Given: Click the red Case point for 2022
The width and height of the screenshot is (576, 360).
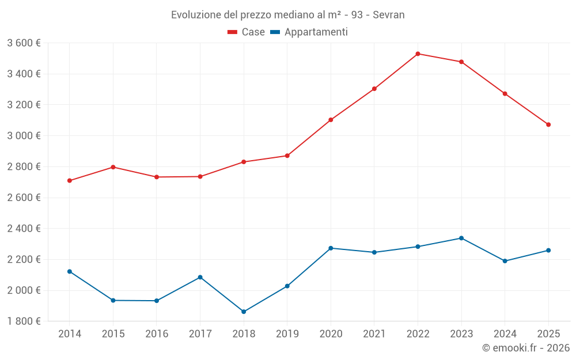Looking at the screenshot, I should pyautogui.click(x=418, y=54).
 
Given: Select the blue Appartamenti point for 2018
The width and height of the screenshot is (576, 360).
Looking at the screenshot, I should pyautogui.click(x=244, y=312).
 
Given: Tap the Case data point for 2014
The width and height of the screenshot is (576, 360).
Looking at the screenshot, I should pyautogui.click(x=70, y=180).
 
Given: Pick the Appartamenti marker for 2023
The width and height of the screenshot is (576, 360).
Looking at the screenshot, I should pyautogui.click(x=461, y=238).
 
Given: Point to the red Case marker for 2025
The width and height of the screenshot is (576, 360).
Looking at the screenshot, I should pyautogui.click(x=548, y=124).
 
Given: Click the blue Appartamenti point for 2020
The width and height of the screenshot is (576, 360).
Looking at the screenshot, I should pyautogui.click(x=331, y=248).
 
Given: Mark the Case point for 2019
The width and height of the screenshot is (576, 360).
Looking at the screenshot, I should pyautogui.click(x=287, y=156).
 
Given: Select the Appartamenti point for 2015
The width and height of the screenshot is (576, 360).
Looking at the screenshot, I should pyautogui.click(x=113, y=300).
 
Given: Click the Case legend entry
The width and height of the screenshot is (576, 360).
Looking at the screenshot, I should pyautogui.click(x=246, y=32).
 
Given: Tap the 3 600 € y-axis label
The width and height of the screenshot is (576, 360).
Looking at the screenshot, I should pyautogui.click(x=24, y=43).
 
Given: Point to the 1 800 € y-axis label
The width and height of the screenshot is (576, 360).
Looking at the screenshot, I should pyautogui.click(x=24, y=321).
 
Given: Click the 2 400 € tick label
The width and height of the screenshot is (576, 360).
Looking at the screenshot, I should pyautogui.click(x=24, y=229).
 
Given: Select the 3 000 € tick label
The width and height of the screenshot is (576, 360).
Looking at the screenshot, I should pyautogui.click(x=24, y=136).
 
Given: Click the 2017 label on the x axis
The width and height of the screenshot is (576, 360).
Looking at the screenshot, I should pyautogui.click(x=200, y=334).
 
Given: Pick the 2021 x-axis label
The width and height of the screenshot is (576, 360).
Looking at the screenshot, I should pyautogui.click(x=374, y=334).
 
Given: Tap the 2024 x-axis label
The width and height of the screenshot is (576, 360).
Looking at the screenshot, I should pyautogui.click(x=505, y=334).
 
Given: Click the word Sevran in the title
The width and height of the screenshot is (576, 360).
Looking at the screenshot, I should pyautogui.click(x=389, y=14).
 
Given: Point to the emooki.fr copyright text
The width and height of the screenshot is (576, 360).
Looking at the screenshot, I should pyautogui.click(x=525, y=348).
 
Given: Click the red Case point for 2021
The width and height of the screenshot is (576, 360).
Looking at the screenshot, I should pyautogui.click(x=374, y=89).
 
